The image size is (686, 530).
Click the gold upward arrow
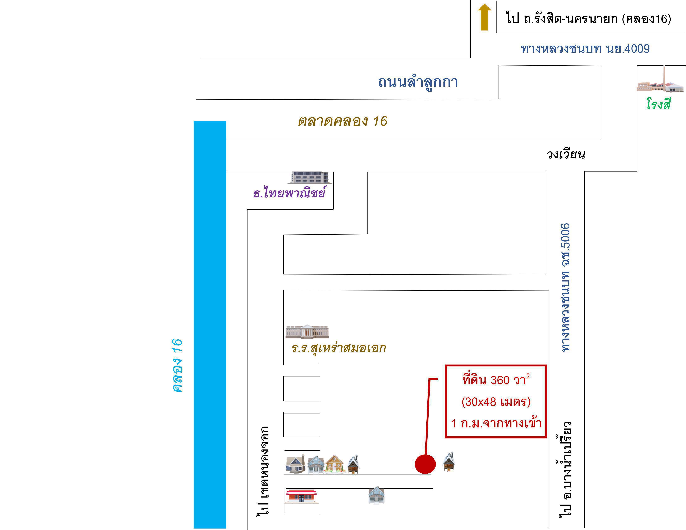484,17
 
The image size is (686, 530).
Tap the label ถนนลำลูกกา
418,82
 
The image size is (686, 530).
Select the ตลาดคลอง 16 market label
342,121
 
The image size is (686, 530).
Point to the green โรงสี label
658,104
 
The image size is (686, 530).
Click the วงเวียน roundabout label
566,154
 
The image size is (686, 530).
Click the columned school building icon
307,332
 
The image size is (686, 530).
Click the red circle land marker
425,464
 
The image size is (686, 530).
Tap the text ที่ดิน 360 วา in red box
496,380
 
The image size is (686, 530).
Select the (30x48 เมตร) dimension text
496,402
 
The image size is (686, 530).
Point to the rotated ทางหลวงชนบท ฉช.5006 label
565,287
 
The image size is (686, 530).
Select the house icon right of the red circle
449,462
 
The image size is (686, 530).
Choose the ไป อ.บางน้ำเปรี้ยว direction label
565,469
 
